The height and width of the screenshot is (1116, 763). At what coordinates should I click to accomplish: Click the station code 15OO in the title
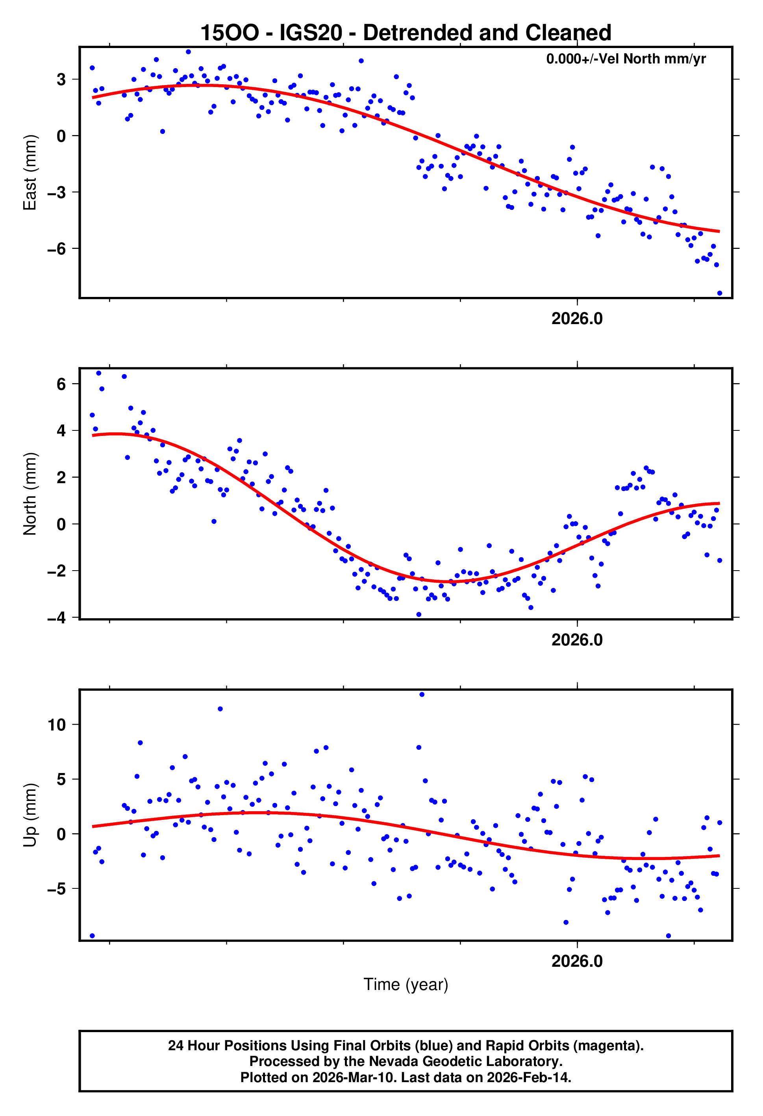229,33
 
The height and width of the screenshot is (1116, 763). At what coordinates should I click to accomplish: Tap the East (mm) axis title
30,172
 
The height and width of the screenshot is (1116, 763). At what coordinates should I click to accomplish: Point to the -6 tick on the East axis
56,249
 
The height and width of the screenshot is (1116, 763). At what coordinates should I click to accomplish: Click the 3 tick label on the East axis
61,80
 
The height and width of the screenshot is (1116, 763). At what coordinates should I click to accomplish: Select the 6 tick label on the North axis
61,384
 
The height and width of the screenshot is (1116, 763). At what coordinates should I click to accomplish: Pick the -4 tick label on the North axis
56,617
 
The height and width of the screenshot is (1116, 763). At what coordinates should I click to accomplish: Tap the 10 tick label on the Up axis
56,725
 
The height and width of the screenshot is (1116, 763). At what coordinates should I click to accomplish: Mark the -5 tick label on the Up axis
56,889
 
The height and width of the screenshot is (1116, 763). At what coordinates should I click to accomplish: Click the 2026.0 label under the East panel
577,319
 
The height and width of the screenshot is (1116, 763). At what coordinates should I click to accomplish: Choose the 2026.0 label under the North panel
577,640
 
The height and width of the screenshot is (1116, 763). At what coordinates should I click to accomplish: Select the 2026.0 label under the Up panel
577,961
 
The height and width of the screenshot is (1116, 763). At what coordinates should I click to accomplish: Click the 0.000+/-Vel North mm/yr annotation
626,59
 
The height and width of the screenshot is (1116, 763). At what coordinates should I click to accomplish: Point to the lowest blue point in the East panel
719,293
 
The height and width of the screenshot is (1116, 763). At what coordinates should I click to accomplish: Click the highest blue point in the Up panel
422,694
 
